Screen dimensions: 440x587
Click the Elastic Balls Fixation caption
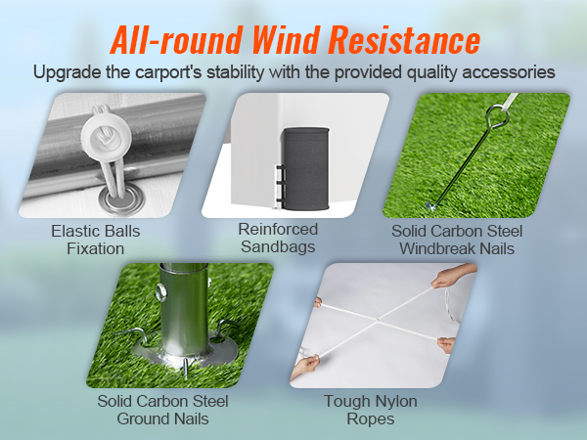pyautogui.click(x=95, y=241)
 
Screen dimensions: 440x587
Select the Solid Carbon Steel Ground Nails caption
pyautogui.click(x=163, y=410)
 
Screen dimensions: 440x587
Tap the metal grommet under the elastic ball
pyautogui.click(x=118, y=201)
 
